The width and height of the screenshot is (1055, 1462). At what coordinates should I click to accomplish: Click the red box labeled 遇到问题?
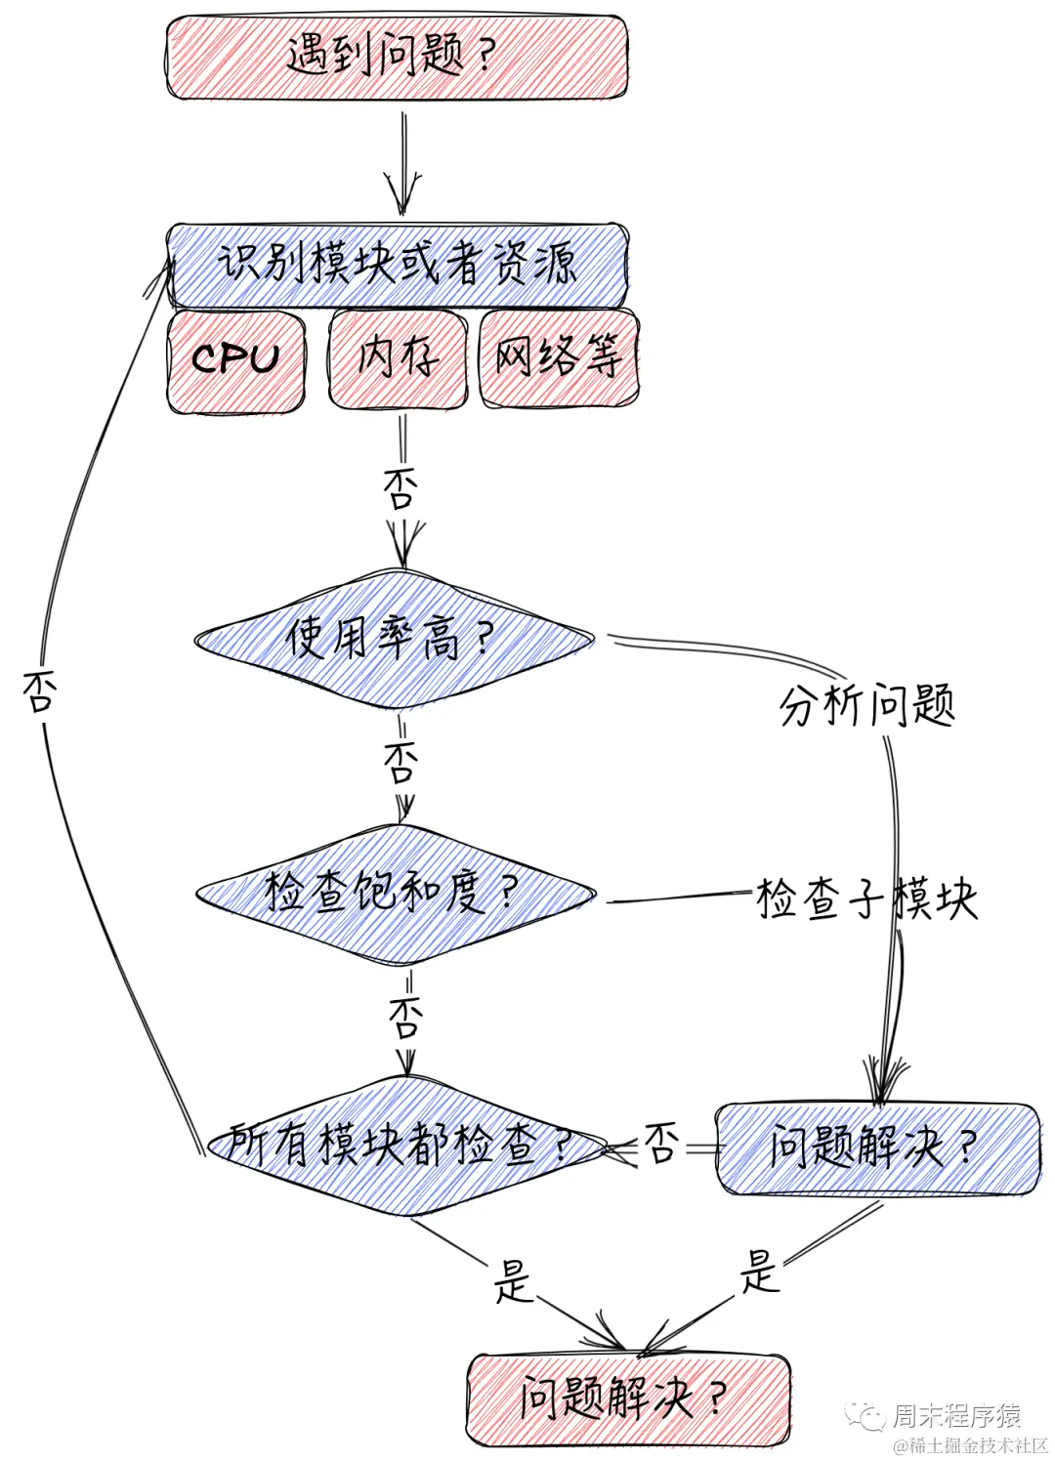point(396,57)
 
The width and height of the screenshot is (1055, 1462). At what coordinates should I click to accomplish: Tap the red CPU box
point(235,359)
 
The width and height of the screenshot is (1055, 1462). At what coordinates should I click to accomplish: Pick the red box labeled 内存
point(398,357)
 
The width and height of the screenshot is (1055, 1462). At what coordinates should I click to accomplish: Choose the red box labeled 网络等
point(559,356)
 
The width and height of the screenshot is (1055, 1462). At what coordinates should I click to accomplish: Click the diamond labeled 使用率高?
point(394,640)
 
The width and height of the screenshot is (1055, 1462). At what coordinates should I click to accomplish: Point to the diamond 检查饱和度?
point(396,893)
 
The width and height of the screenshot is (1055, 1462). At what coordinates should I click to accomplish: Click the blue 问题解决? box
point(876,1148)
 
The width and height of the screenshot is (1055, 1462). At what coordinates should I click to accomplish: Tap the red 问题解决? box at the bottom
point(627,1399)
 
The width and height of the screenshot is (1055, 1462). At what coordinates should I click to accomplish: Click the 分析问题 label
point(867,704)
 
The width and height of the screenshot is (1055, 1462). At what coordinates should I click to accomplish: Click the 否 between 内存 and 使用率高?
point(401,488)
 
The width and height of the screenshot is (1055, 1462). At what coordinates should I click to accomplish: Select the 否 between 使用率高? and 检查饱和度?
point(401,762)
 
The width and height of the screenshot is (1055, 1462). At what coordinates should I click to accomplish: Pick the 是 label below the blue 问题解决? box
point(759,1271)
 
